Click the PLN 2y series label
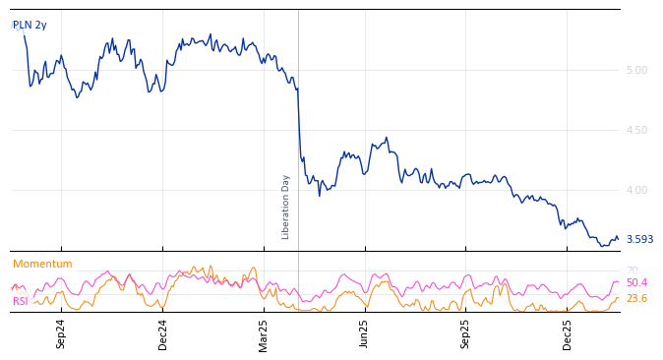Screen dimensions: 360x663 coord(30,26)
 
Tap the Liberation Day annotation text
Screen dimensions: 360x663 coord(286,207)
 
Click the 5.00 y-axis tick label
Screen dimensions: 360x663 coord(636,70)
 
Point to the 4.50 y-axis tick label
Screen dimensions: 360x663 coord(636,130)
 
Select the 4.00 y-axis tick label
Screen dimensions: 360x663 coord(636,190)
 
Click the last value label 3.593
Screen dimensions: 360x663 coord(639,240)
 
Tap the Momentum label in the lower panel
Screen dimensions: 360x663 coord(42,265)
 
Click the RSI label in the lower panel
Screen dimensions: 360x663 coord(21,302)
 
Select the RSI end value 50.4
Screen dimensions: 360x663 coord(636,283)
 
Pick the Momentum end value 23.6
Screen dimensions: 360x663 coord(636,299)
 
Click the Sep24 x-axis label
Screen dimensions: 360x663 coord(61,333)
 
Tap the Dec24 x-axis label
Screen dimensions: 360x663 coord(163,333)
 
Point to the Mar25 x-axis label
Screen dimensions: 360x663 coord(264,333)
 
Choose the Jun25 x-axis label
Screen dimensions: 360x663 coord(365,333)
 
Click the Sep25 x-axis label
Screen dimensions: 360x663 coord(466,333)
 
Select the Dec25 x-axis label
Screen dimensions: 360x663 coord(568,333)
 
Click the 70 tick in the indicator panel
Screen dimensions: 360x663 coord(632,270)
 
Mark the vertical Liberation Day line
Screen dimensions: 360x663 coord(298,148)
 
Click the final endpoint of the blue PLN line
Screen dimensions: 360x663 coord(618,239)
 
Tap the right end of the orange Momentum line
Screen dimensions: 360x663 coord(618,298)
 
